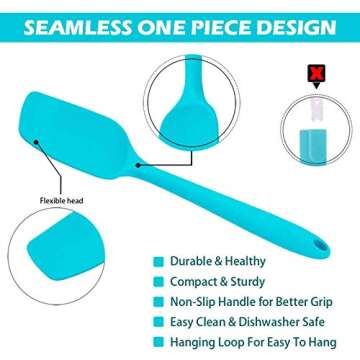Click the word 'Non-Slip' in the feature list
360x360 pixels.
tap(192, 300)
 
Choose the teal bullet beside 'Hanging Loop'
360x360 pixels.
tap(159, 343)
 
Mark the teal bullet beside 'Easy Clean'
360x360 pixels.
tap(159, 322)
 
